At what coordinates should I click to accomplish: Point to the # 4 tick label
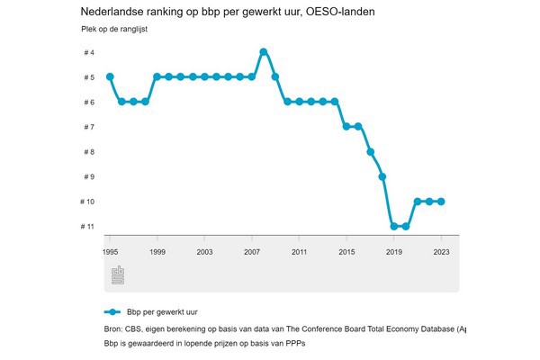(x=88, y=53)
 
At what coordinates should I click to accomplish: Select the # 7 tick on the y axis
(x=88, y=127)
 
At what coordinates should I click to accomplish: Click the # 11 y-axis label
(x=87, y=226)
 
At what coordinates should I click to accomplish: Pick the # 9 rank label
(x=88, y=176)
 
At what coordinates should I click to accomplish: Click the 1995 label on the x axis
(x=110, y=252)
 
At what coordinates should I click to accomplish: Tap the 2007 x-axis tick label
(x=251, y=252)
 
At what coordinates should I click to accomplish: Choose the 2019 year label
(x=393, y=252)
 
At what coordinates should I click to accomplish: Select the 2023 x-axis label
(x=441, y=252)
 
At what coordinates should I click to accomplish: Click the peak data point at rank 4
(x=264, y=51)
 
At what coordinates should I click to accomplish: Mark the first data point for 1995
(x=110, y=76)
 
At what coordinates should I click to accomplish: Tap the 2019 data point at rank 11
(x=393, y=226)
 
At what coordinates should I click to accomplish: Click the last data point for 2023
(x=441, y=202)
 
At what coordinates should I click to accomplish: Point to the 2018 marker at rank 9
(x=382, y=176)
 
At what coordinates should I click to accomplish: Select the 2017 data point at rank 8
(x=370, y=152)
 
